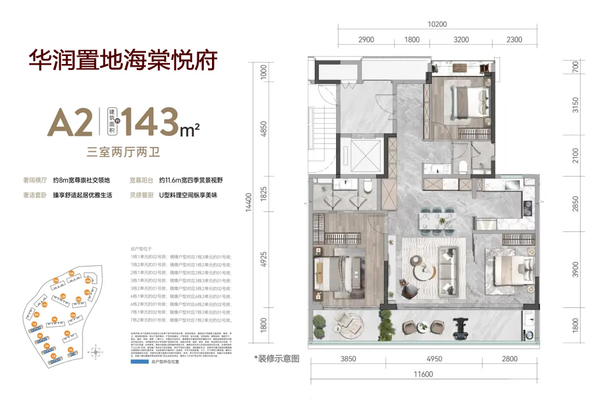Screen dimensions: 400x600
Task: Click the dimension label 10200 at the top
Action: click(437, 24)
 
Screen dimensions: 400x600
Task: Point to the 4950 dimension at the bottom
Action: click(435, 360)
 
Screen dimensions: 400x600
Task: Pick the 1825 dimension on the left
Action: click(264, 194)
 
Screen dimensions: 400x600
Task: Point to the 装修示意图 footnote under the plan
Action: click(277, 358)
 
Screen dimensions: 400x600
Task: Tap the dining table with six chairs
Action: click(436, 221)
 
